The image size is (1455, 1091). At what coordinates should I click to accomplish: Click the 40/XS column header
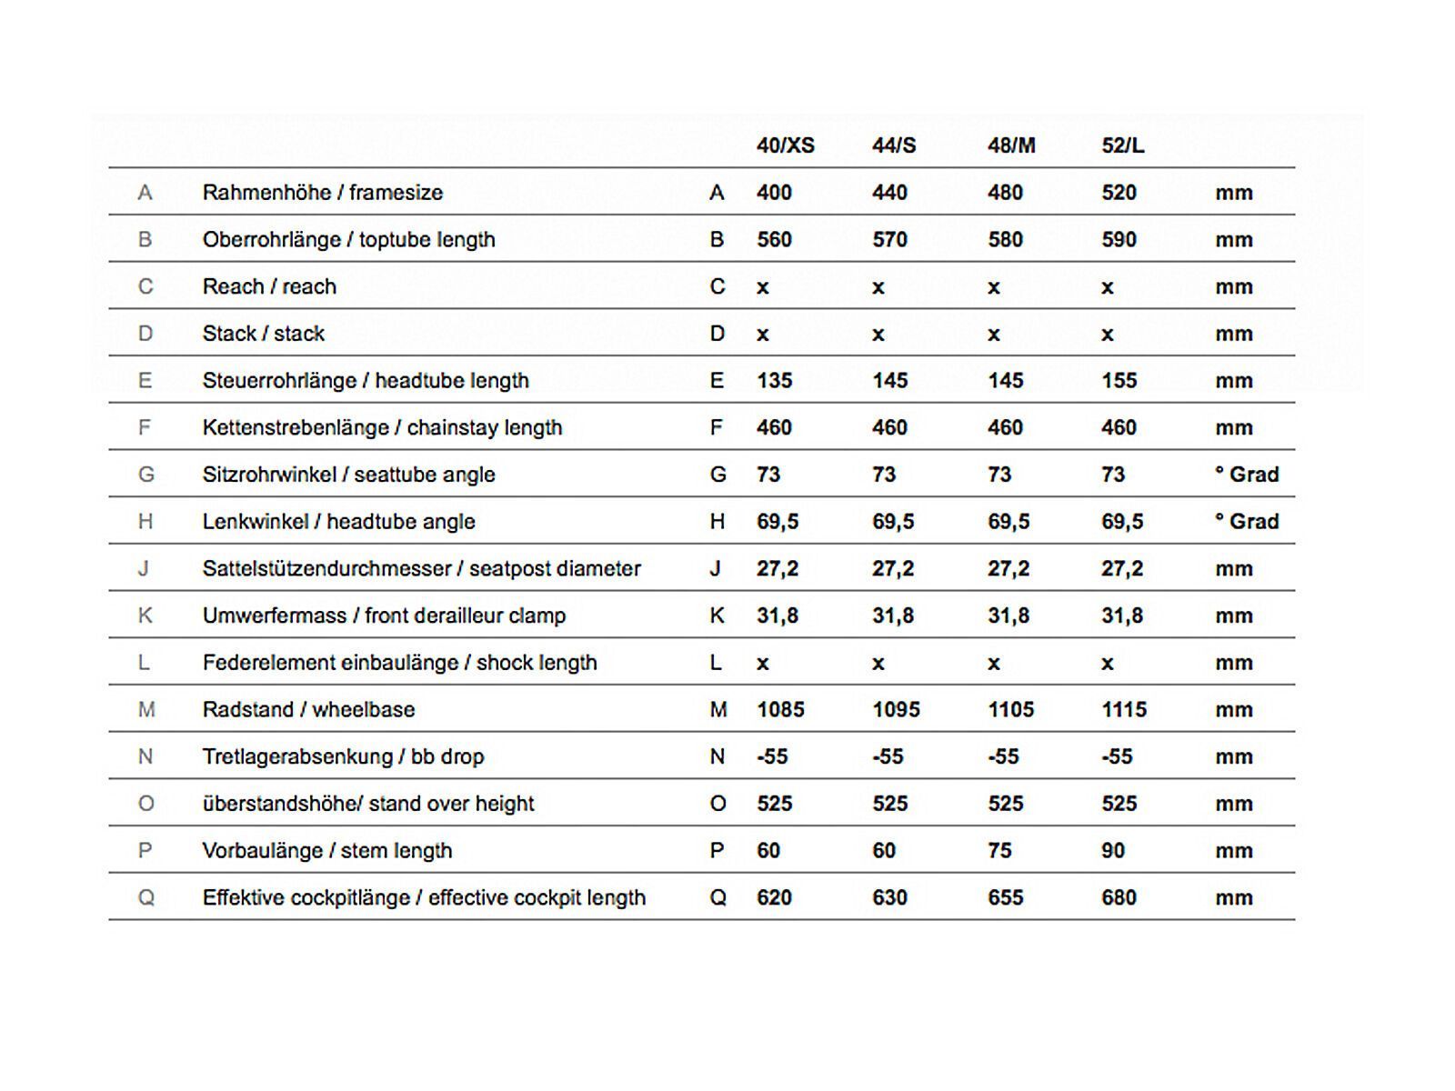pyautogui.click(x=785, y=145)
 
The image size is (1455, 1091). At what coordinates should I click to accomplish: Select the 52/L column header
pyautogui.click(x=1123, y=145)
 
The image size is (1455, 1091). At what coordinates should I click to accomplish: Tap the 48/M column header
pyautogui.click(x=1011, y=145)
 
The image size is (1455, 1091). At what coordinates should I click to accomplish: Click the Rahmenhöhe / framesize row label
pyautogui.click(x=323, y=193)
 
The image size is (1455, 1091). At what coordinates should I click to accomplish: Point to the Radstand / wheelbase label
pyautogui.click(x=308, y=710)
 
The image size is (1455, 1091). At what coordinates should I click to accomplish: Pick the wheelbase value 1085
pyautogui.click(x=780, y=710)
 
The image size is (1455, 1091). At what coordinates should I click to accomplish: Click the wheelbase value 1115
pyautogui.click(x=1124, y=710)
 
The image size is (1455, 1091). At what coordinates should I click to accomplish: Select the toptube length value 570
pyautogui.click(x=889, y=240)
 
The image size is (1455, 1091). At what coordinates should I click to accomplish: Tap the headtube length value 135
pyautogui.click(x=774, y=381)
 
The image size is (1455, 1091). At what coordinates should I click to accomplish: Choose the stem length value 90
pyautogui.click(x=1113, y=851)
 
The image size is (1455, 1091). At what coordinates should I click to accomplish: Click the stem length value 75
pyautogui.click(x=999, y=851)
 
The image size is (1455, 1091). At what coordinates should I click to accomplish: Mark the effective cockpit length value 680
pyautogui.click(x=1119, y=898)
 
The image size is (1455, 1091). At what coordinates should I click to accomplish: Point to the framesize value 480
pyautogui.click(x=1005, y=193)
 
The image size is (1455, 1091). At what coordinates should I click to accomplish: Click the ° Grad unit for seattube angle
pyautogui.click(x=1247, y=475)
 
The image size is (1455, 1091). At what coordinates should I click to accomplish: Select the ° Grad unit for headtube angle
pyautogui.click(x=1247, y=522)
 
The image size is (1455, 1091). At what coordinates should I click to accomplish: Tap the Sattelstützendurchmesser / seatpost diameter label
pyautogui.click(x=421, y=569)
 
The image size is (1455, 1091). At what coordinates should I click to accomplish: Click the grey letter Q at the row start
pyautogui.click(x=145, y=898)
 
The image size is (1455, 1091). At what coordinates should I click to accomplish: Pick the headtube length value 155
pyautogui.click(x=1119, y=381)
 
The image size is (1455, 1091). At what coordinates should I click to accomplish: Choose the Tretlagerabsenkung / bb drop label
pyautogui.click(x=343, y=757)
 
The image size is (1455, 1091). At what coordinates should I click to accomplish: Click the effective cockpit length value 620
pyautogui.click(x=774, y=898)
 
